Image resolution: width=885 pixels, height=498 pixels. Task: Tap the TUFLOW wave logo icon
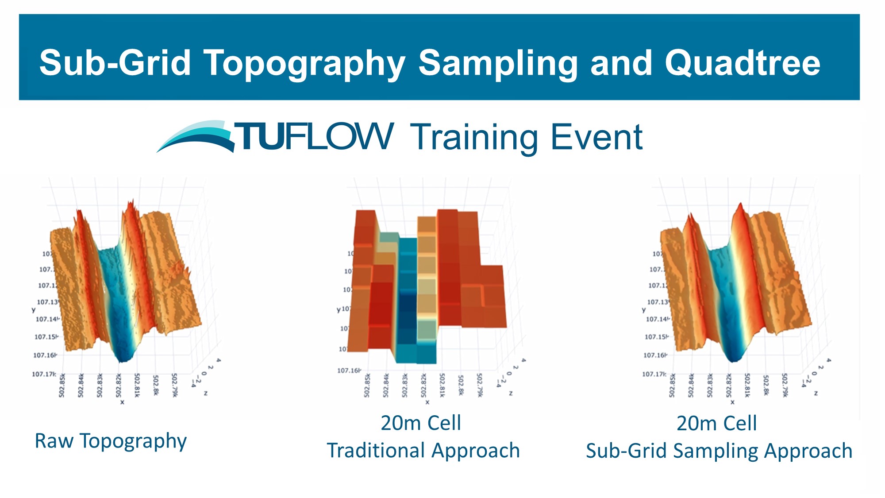pos(196,136)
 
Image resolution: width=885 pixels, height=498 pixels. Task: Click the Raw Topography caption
pos(111,441)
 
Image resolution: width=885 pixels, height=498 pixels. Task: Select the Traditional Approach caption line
pos(423,451)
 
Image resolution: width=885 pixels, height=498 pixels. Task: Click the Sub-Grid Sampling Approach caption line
pos(719,451)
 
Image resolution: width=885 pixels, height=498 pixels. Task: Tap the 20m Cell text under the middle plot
pos(421,423)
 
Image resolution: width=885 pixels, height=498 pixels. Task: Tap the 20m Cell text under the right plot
pos(716,423)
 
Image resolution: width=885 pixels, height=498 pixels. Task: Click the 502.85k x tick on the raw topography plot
pos(62,386)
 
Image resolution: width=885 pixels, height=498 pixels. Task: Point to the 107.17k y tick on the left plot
pos(44,374)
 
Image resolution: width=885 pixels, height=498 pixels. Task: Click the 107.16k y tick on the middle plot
pos(349,370)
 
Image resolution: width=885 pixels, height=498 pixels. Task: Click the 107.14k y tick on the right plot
pos(657,319)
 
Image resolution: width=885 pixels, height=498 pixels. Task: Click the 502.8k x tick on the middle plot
pos(461,386)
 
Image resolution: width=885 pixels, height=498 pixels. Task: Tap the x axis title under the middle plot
pos(427,402)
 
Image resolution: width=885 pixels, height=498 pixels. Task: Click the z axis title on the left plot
pos(205,393)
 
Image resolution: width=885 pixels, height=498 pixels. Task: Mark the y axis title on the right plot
pos(644,310)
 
